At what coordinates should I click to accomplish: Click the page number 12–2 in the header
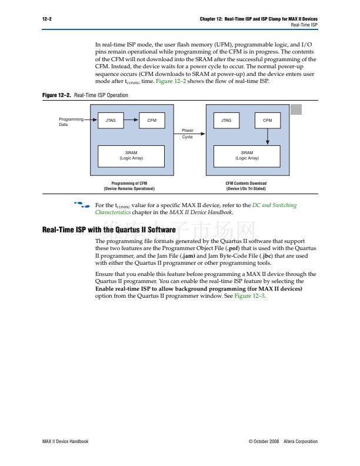pos(47,19)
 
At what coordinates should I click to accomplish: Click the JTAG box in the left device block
pos(110,121)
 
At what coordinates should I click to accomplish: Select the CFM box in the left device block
pos(152,121)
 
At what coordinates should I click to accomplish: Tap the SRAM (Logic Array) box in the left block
pos(131,155)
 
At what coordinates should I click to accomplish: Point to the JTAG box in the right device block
pos(226,121)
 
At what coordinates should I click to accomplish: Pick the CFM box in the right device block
pos(268,121)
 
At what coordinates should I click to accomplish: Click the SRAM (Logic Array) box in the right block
pos(247,155)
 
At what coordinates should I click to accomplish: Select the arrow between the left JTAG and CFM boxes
pos(131,121)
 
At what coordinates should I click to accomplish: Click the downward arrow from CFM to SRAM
pos(268,137)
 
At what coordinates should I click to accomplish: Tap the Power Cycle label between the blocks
pos(188,134)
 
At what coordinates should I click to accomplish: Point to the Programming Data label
pos(71,122)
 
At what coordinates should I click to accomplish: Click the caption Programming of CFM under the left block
pos(129,184)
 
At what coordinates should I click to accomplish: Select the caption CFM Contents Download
pos(246,184)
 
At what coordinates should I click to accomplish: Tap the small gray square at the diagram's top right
pos(296,109)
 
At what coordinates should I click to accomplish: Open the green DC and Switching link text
pos(274,205)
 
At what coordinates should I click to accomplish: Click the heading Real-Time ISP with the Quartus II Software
pos(109,230)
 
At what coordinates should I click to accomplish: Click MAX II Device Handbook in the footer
pos(65,441)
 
